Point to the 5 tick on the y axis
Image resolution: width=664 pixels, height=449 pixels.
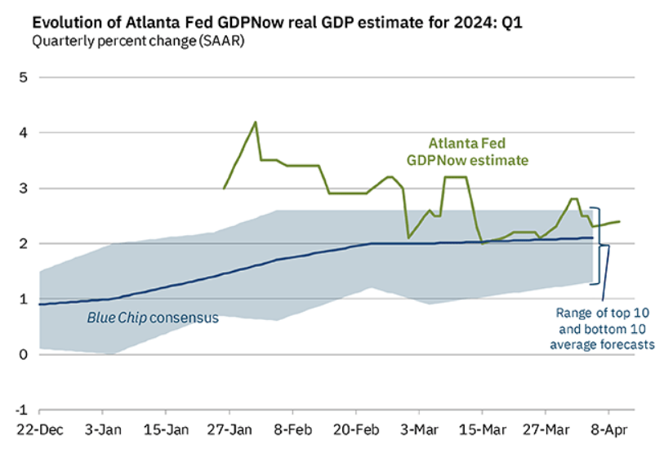[x=24, y=78]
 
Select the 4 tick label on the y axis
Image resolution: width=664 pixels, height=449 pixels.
[x=24, y=132]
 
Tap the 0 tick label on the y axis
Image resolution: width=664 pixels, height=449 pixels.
[x=24, y=354]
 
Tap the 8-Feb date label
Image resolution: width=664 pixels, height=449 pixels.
[x=292, y=429]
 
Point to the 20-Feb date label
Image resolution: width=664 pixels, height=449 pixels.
[x=356, y=429]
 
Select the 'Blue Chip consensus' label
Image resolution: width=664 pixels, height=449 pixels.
[x=153, y=318]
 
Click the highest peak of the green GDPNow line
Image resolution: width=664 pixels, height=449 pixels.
[x=256, y=122]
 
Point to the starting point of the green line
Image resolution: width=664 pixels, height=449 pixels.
[x=224, y=189]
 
